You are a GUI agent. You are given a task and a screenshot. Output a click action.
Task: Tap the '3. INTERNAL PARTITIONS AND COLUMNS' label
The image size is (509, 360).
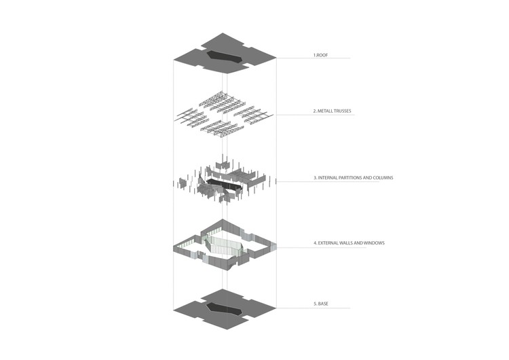pos(353,178)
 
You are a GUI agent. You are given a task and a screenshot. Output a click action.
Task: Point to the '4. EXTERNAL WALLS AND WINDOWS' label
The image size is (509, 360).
pos(349,243)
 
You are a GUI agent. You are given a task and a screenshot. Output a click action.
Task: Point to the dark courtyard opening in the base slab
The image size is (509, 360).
pos(224,308)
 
